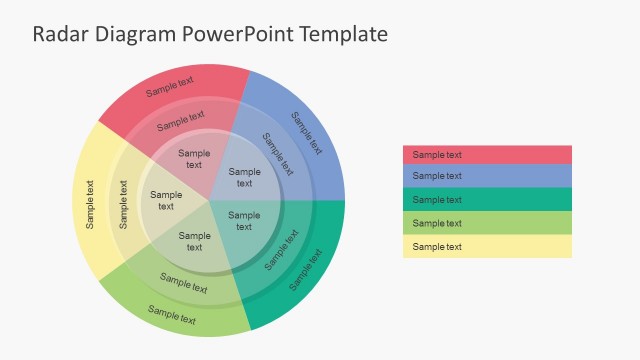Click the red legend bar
(487, 155)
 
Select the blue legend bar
(487, 176)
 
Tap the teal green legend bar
(487, 200)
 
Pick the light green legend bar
(487, 223)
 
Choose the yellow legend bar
(487, 247)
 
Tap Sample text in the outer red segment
(170, 87)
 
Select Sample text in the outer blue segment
(306, 133)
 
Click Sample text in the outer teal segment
(306, 269)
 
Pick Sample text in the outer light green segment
(171, 315)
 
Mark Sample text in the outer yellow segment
(90, 204)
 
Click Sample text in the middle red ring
(181, 121)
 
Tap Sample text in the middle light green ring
(183, 283)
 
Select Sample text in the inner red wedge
(194, 159)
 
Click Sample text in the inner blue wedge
(244, 178)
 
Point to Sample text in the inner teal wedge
(244, 222)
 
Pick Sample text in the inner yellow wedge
(166, 201)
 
